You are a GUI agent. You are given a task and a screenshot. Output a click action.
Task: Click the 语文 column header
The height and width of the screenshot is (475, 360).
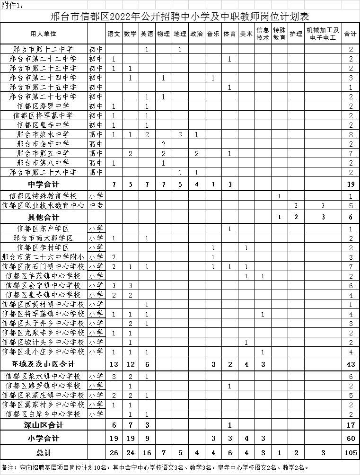click(114, 34)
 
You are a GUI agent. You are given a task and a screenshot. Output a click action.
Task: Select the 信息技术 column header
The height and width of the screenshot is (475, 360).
click(263, 34)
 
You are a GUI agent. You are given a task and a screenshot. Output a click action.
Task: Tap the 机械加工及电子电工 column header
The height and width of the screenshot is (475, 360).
click(323, 34)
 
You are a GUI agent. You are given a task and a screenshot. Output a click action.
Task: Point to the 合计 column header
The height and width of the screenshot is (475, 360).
click(350, 34)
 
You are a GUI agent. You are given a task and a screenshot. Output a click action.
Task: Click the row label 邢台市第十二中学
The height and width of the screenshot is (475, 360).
click(43, 49)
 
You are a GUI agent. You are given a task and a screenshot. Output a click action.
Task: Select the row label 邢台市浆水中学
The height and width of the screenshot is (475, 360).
click(43, 134)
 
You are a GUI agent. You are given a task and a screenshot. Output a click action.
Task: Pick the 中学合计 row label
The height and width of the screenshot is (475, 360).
click(43, 184)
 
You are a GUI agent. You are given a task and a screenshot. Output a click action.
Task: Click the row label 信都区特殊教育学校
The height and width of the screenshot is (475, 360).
click(43, 196)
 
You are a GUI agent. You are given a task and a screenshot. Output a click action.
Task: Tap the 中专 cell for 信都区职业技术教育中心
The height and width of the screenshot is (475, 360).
click(96, 205)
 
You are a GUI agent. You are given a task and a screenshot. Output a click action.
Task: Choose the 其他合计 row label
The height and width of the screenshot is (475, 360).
click(43, 217)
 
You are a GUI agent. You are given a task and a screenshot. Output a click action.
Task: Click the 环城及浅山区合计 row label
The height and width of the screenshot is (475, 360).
click(43, 364)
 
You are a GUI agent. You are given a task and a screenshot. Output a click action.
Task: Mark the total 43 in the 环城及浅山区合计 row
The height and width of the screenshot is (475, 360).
click(351, 364)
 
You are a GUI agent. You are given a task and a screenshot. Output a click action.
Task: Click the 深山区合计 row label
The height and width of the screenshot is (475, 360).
click(43, 425)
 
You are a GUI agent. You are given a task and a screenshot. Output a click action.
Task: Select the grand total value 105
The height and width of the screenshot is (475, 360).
click(351, 453)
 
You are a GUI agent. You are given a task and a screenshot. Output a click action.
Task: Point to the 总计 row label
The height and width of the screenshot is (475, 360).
click(43, 453)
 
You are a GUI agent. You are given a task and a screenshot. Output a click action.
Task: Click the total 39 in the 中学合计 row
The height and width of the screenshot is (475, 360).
click(351, 184)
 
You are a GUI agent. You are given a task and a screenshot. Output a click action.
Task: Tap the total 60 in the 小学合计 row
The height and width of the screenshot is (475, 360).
click(351, 439)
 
